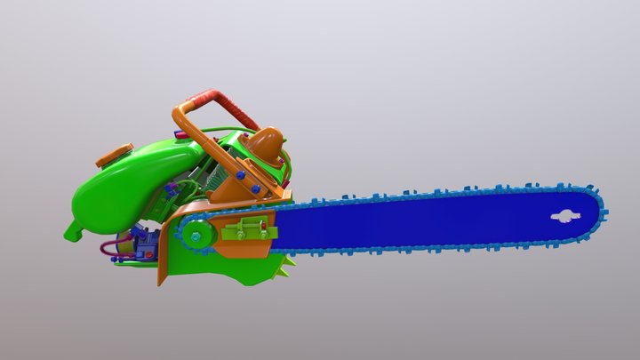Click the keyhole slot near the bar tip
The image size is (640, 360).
pyautogui.click(x=564, y=215)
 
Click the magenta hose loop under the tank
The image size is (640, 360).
pyautogui.click(x=110, y=248)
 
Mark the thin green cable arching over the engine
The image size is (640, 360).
pyautogui.click(x=213, y=133)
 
